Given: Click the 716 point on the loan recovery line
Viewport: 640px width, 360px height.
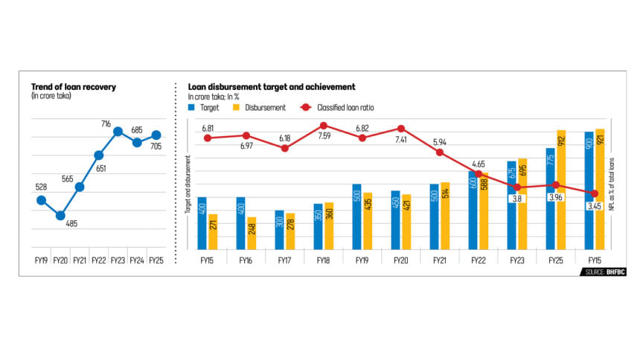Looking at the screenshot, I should click(118, 132).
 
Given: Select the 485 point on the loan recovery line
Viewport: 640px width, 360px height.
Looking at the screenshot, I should click(61, 216).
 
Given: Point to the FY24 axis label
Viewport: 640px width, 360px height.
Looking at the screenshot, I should click(138, 260).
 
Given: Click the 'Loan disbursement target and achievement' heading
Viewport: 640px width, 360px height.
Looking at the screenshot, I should click(271, 87).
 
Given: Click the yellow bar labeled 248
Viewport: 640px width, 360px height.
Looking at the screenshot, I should click(252, 234).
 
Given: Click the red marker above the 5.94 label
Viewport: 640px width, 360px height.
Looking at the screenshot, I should click(440, 152).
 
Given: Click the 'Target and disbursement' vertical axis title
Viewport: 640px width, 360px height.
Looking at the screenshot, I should click(188, 185).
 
